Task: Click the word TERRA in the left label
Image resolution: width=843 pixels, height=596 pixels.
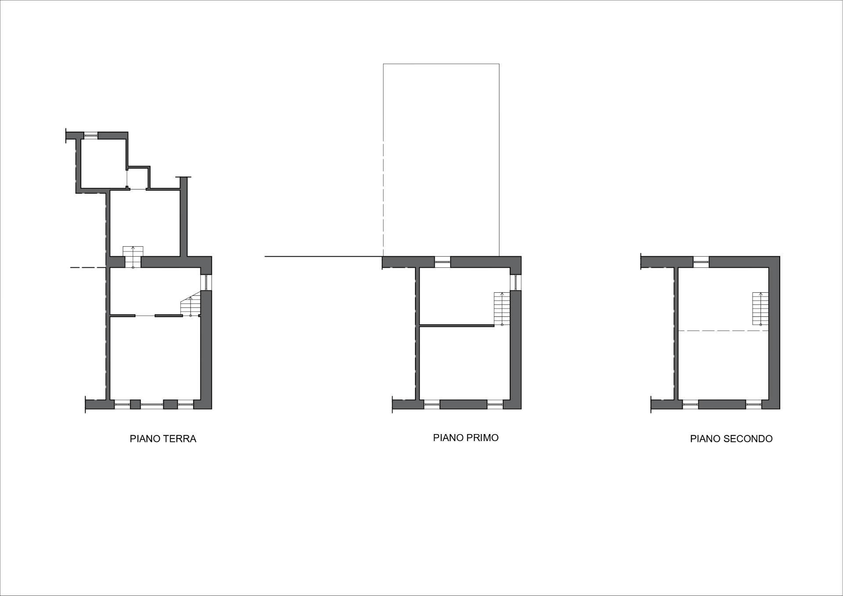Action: click(x=179, y=439)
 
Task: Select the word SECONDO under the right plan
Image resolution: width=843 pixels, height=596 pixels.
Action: click(x=750, y=439)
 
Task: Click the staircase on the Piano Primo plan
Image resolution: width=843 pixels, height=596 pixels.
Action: click(x=502, y=309)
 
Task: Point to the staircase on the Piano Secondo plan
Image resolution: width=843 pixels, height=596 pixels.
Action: click(x=760, y=308)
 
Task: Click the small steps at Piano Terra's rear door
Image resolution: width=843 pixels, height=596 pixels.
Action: click(x=133, y=257)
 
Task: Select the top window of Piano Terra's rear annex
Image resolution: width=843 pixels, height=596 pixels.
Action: click(x=91, y=135)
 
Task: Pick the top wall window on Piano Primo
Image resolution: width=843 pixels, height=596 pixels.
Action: click(x=443, y=262)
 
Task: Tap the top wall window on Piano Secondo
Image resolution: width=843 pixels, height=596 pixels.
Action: click(x=701, y=262)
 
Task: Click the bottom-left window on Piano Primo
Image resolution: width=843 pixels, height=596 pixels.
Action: click(x=432, y=404)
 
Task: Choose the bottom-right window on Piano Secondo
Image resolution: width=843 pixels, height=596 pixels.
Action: click(x=754, y=404)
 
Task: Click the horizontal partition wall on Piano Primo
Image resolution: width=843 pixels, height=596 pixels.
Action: click(x=457, y=325)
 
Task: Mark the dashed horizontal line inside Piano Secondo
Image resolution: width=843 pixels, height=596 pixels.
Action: click(x=724, y=330)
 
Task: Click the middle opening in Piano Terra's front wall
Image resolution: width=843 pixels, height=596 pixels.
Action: click(x=152, y=404)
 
